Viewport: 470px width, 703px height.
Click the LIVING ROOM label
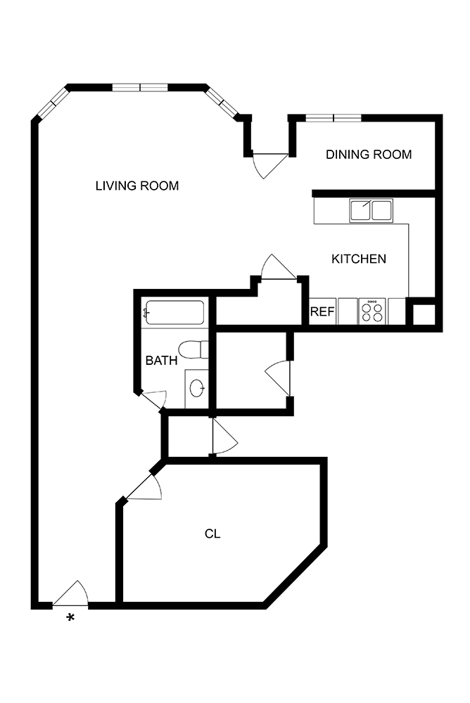137,186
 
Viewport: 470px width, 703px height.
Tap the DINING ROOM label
368,155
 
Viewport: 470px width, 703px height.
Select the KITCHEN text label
358,259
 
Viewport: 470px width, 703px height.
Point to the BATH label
161,361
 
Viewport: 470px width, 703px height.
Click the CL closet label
212,534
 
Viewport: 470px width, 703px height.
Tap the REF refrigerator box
322,312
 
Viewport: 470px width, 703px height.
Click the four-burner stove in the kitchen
372,311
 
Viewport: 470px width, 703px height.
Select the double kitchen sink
371,210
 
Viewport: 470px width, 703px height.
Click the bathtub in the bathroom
174,313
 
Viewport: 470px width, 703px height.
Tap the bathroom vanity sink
198,387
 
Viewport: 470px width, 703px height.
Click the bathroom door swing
153,399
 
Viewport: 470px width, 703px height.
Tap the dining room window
334,117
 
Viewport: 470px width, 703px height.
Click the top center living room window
141,88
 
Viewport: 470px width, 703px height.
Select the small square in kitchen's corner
423,314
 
